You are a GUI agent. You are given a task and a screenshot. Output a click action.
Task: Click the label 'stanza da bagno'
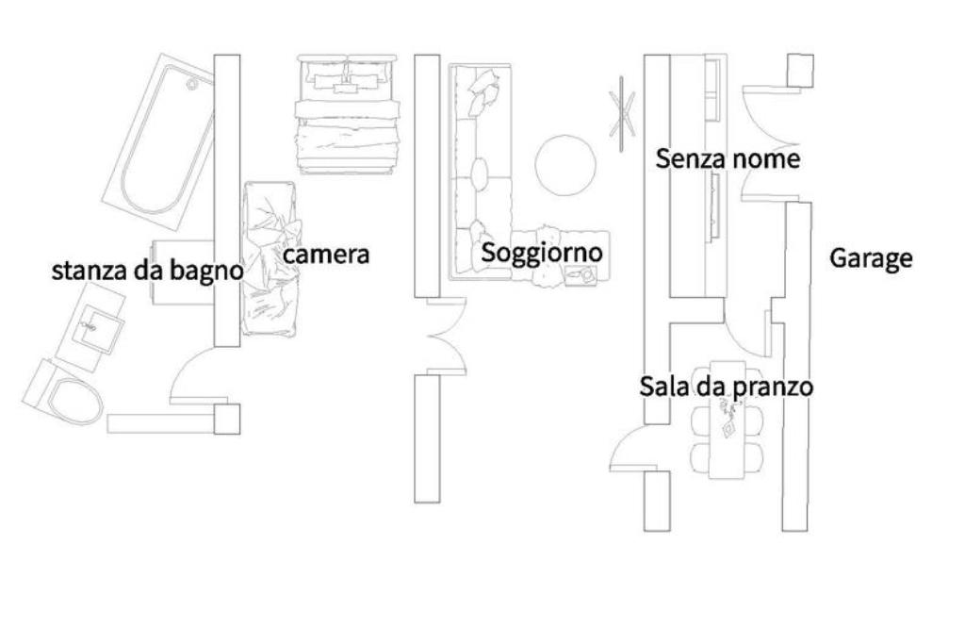coord(147,272)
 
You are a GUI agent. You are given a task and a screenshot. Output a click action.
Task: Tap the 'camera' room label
coord(326,255)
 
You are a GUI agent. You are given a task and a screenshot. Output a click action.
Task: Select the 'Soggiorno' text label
coord(541,253)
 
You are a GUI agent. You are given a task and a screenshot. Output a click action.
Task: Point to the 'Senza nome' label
coord(728,158)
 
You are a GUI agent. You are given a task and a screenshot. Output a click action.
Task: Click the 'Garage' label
coord(871,258)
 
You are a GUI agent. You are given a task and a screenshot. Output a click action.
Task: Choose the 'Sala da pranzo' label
coord(726,387)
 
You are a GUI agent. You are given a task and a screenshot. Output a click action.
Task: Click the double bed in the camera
coord(345,113)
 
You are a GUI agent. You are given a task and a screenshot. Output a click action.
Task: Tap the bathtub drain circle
coord(192,85)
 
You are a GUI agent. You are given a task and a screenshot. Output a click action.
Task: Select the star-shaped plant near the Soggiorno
coord(622,111)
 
